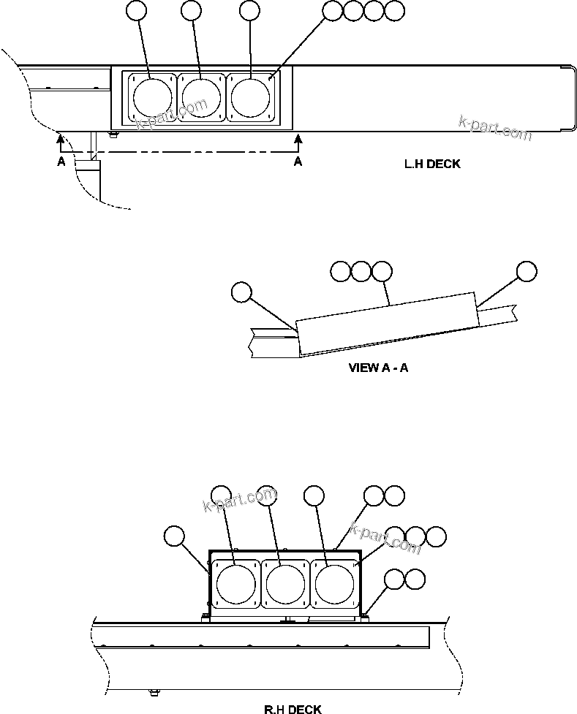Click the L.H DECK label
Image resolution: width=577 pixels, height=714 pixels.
pyautogui.click(x=432, y=164)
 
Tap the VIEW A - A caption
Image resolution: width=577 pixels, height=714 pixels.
pyautogui.click(x=378, y=368)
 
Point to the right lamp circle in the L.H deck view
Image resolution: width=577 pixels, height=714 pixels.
pyautogui.click(x=250, y=95)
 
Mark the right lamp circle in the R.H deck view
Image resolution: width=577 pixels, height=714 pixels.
pyautogui.click(x=333, y=583)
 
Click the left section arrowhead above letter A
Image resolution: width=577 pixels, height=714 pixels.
pyautogui.click(x=61, y=137)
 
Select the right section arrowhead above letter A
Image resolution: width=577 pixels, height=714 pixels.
pyautogui.click(x=297, y=137)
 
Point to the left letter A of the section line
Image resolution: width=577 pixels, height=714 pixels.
pyautogui.click(x=61, y=162)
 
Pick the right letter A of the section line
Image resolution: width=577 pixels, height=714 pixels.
pyautogui.click(x=298, y=162)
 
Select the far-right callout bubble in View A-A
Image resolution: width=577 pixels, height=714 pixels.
pyautogui.click(x=526, y=271)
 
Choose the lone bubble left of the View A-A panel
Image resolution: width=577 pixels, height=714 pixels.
pyautogui.click(x=241, y=292)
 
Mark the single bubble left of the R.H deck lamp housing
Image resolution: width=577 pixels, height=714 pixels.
pyautogui.click(x=174, y=537)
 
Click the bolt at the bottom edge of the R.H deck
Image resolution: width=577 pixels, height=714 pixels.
pyautogui.click(x=154, y=691)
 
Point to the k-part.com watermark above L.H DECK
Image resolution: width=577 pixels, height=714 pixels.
pyautogui.click(x=494, y=129)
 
